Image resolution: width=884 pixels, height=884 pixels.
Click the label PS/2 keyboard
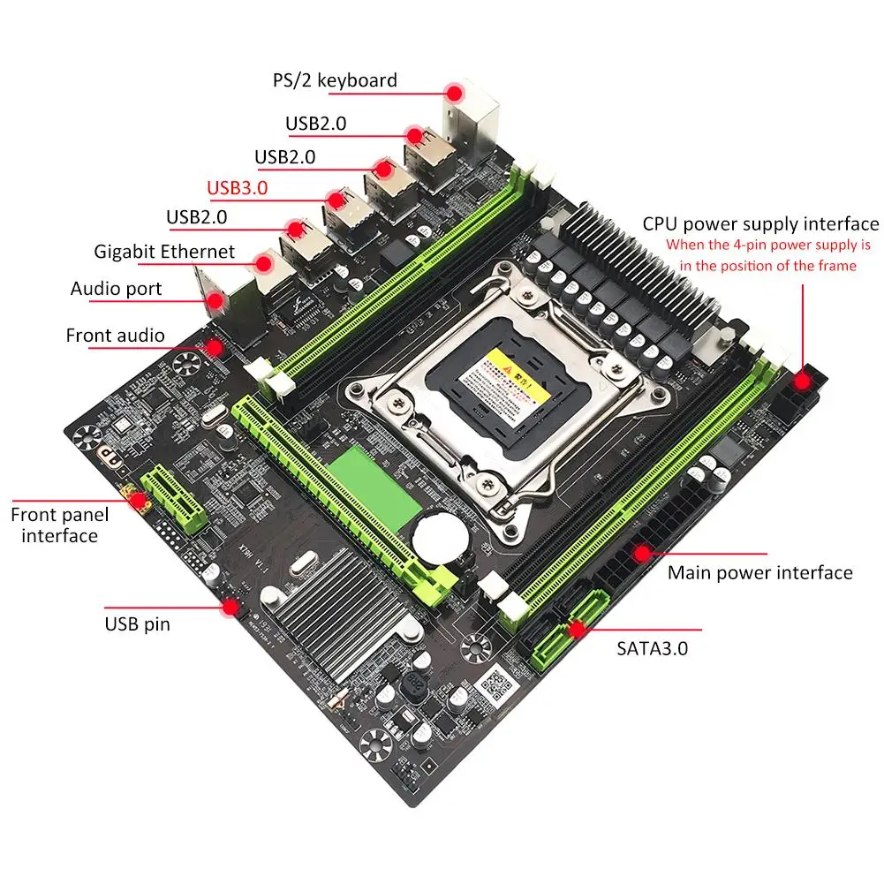click(x=335, y=80)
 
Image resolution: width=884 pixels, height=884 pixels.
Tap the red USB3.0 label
click(x=237, y=187)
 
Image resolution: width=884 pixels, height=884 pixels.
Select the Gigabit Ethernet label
click(x=164, y=252)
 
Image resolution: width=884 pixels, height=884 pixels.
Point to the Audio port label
click(x=116, y=289)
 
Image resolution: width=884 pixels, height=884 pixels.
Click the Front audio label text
click(x=115, y=336)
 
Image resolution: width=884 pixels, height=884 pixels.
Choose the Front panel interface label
click(x=60, y=525)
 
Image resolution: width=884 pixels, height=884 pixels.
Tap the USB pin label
click(x=137, y=624)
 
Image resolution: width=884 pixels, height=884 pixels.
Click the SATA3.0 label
click(x=652, y=647)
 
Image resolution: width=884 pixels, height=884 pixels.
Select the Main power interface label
click(x=759, y=572)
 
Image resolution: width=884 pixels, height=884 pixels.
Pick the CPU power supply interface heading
click(x=760, y=224)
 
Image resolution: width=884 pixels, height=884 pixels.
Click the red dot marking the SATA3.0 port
click(x=578, y=629)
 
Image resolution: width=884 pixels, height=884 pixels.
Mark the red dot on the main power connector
click(x=643, y=554)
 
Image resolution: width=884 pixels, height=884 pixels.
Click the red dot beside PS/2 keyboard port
click(x=455, y=92)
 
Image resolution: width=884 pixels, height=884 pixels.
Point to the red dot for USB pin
click(x=231, y=607)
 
